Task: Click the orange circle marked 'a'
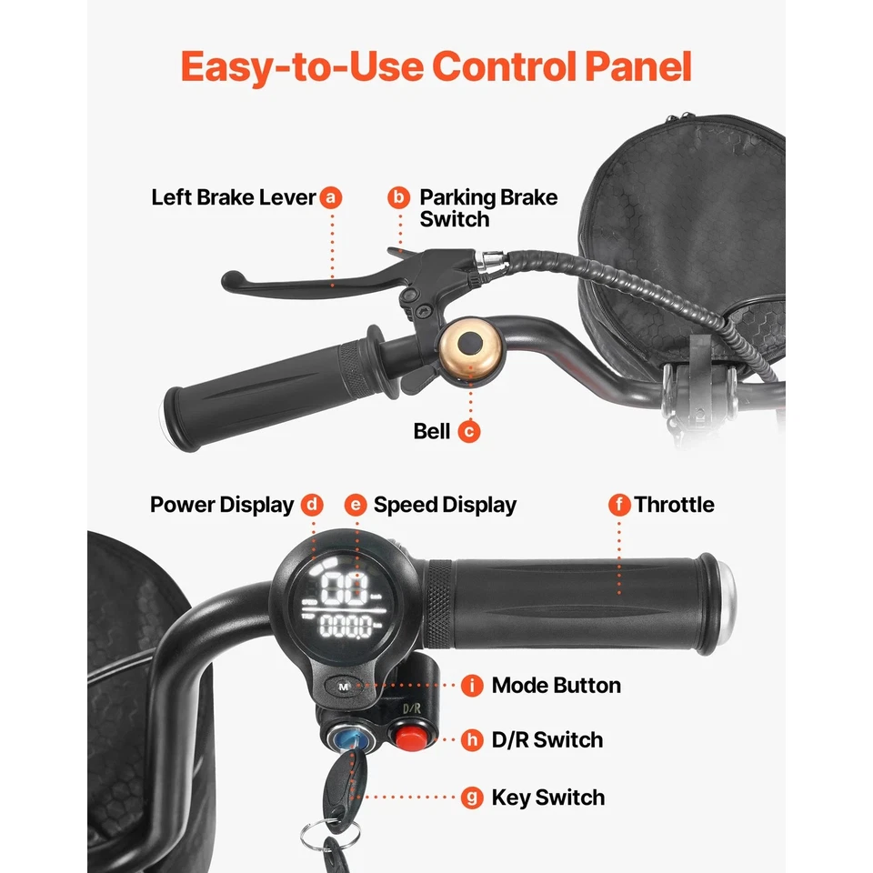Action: pyautogui.click(x=331, y=197)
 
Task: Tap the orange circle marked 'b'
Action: pyautogui.click(x=398, y=197)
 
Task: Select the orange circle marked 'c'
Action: pyautogui.click(x=469, y=431)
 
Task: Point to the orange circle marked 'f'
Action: pyautogui.click(x=619, y=505)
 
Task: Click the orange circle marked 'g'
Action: pyautogui.click(x=472, y=798)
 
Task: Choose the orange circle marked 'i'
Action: pyautogui.click(x=472, y=686)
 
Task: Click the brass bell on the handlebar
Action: pyautogui.click(x=471, y=347)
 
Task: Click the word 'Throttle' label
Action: pyautogui.click(x=674, y=505)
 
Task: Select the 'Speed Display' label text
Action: pyautogui.click(x=445, y=506)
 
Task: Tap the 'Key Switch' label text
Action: pyautogui.click(x=547, y=798)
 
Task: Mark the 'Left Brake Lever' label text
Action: pyautogui.click(x=234, y=197)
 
